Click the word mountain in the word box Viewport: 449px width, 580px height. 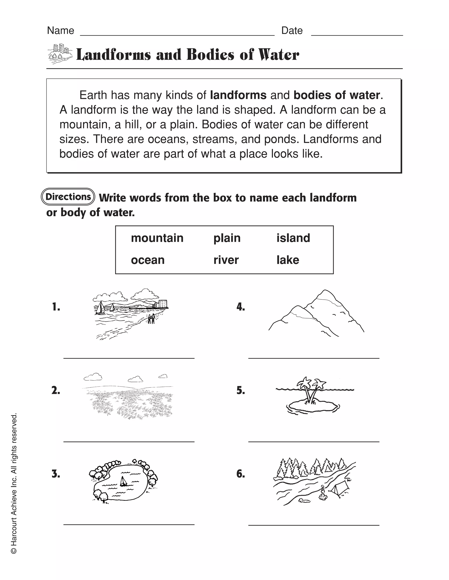[x=157, y=238]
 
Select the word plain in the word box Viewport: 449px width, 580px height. [x=227, y=238]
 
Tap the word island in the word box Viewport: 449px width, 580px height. [x=293, y=238]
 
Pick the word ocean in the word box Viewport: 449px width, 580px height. [x=148, y=260]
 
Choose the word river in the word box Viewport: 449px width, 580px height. [x=226, y=260]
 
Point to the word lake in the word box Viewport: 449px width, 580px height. [x=288, y=260]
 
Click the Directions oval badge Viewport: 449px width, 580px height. [x=68, y=197]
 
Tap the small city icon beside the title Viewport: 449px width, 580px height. [x=60, y=54]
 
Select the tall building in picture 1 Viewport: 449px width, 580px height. [x=163, y=304]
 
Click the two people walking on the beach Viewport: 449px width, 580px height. [x=151, y=318]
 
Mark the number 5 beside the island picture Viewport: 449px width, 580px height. [x=241, y=390]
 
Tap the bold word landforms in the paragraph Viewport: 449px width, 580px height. [x=238, y=95]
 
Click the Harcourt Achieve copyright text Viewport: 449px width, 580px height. [x=14, y=483]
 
